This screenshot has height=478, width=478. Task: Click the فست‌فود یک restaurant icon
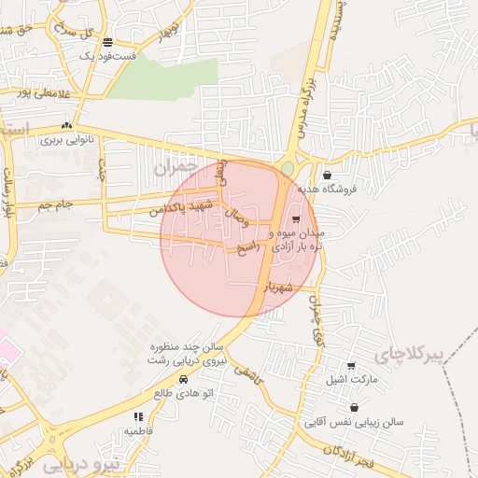pyautogui.click(x=108, y=43)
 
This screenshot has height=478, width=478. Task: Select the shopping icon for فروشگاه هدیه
pyautogui.click(x=327, y=175)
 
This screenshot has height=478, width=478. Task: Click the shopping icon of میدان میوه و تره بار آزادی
pyautogui.click(x=296, y=218)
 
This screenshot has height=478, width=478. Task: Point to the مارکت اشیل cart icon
pyautogui.click(x=351, y=366)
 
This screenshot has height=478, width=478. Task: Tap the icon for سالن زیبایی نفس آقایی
pyautogui.click(x=355, y=408)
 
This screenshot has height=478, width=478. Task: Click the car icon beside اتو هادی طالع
pyautogui.click(x=183, y=380)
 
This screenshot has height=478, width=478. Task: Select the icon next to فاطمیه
pyautogui.click(x=138, y=417)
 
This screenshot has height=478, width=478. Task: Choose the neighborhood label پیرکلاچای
pyautogui.click(x=406, y=356)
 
